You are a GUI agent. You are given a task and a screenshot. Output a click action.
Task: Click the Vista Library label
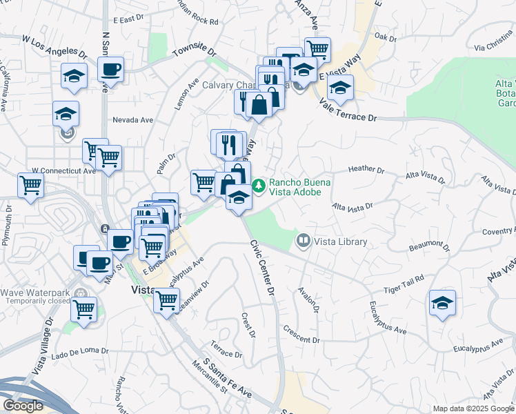(x=341, y=242)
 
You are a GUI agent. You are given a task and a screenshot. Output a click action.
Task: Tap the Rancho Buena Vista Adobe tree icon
(x=259, y=185)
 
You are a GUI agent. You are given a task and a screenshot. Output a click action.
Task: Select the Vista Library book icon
(x=303, y=241)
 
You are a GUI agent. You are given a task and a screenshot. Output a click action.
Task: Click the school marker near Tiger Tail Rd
(x=442, y=303)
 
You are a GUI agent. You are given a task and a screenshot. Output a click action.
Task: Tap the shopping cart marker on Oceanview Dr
(x=166, y=300)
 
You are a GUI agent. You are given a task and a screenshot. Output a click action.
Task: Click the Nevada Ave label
(x=133, y=119)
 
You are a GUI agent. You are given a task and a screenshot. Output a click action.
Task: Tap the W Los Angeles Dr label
(x=55, y=46)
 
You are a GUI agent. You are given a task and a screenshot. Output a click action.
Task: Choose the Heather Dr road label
(x=366, y=169)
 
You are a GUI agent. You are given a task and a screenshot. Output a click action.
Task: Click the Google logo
(x=23, y=406)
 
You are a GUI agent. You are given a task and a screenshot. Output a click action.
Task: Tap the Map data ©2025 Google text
(x=472, y=408)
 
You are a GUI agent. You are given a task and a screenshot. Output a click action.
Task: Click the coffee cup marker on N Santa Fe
(x=110, y=69)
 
